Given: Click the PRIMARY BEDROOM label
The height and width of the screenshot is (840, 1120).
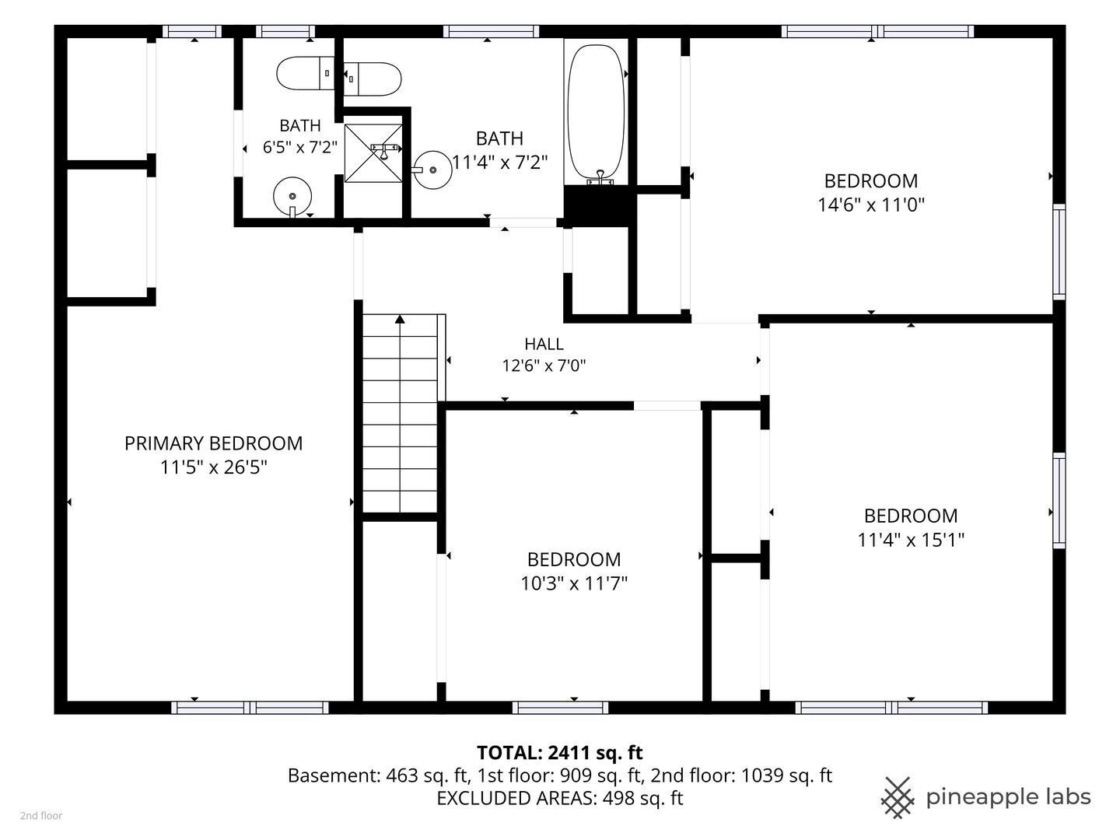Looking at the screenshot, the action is pos(213,443).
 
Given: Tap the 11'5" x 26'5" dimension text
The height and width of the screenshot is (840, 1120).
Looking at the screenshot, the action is pos(213,467).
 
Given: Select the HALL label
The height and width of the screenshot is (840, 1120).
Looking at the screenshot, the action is pos(544,345).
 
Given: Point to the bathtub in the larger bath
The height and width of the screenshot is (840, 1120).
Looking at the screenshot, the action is pos(596,114).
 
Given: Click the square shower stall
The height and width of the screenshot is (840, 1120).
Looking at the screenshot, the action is pos(373,153).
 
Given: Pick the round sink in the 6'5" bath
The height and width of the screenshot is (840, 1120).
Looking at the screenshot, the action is pos(292,197).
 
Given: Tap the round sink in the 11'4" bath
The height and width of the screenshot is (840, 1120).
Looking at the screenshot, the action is pos(432,170).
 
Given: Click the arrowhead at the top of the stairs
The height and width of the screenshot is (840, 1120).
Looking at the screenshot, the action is pos(400,319).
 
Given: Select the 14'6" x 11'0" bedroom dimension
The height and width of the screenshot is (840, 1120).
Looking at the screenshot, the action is pos(871,205).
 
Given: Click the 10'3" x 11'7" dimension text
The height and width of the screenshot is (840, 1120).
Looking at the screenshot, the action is pos(574,583).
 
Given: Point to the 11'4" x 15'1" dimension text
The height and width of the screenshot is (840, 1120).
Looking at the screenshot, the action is pos(911,540).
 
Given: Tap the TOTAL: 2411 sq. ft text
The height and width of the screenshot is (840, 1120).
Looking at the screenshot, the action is pos(560,752).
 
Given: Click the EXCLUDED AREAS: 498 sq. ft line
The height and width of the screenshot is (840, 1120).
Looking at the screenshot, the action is pos(560,798).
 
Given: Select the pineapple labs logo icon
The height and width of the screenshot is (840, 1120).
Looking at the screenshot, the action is pos(898,798).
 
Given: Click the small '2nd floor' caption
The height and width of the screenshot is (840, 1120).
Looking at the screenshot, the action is pos(41,816).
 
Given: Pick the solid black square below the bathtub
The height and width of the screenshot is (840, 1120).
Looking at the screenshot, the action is pos(596,205).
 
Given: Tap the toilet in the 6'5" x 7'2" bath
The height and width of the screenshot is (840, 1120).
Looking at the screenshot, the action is pos(306,73).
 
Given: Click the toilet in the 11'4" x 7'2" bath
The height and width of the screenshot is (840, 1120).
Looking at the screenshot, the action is pos(372,79).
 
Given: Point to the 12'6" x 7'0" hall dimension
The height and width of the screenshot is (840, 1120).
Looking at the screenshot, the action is pos(544,366).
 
